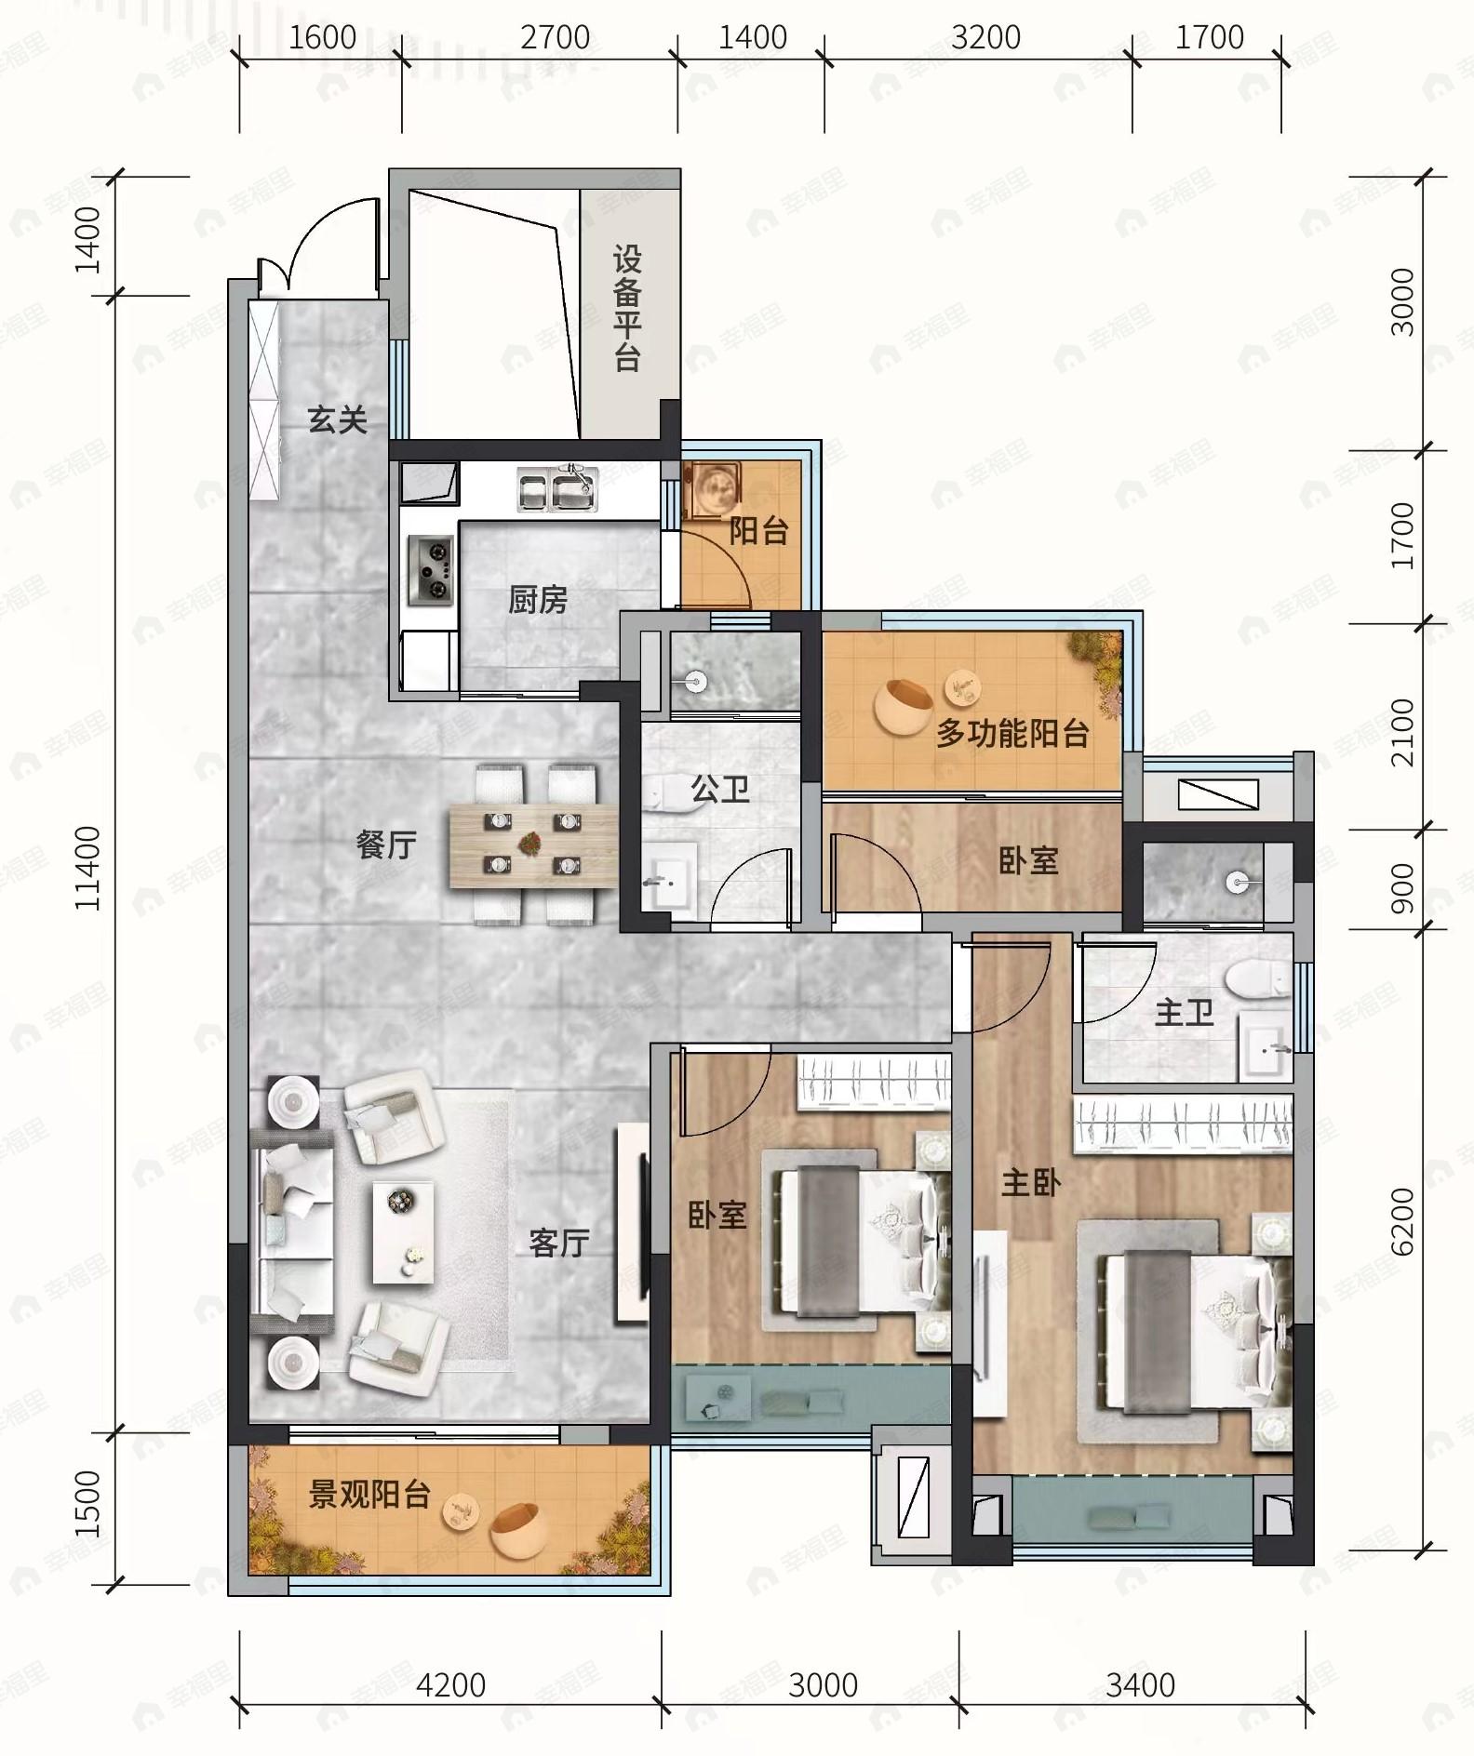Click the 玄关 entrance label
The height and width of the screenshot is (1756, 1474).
point(337,420)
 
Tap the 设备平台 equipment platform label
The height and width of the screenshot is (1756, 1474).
point(627,309)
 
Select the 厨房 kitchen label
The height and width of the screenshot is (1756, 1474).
point(538,600)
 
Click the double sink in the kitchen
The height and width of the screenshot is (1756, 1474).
point(556,489)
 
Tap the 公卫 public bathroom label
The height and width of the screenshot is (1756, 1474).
point(719,789)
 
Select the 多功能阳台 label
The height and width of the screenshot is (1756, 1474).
point(1012,734)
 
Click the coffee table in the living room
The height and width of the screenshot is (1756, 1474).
point(403,1232)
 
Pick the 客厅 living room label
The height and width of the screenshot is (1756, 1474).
point(558,1243)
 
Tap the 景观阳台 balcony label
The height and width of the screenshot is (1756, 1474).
point(369,1495)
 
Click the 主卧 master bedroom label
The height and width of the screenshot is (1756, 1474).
point(1030,1183)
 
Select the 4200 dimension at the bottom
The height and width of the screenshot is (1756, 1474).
point(450,1684)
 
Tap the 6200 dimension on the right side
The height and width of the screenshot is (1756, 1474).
point(1401,1221)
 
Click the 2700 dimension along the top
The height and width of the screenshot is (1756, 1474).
point(556,37)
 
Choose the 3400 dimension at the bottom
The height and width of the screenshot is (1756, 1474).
point(1140,1684)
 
